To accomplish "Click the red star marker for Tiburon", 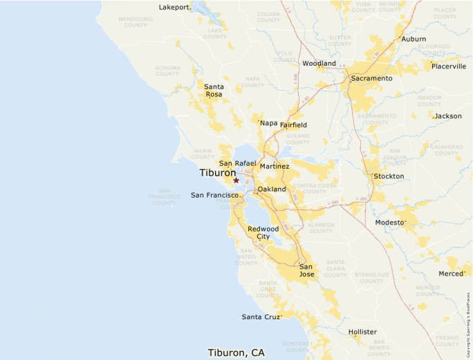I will point(236,180).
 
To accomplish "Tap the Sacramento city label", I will point(371,78).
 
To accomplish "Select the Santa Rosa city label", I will point(213,91).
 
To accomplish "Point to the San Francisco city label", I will point(215,195).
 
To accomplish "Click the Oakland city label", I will point(272,189).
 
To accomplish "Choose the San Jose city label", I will point(306,270).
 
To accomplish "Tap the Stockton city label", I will point(389,176).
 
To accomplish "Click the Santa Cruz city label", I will point(261,316).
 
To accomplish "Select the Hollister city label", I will point(362,332).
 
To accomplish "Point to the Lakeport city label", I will point(174,8).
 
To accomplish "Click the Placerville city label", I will point(449,66).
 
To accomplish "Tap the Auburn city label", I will point(414,39).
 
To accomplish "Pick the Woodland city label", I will point(319,64).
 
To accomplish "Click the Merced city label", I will point(451,274).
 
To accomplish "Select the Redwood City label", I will point(263,233).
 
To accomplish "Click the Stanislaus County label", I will point(371,278).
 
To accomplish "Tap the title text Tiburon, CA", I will point(236,352).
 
